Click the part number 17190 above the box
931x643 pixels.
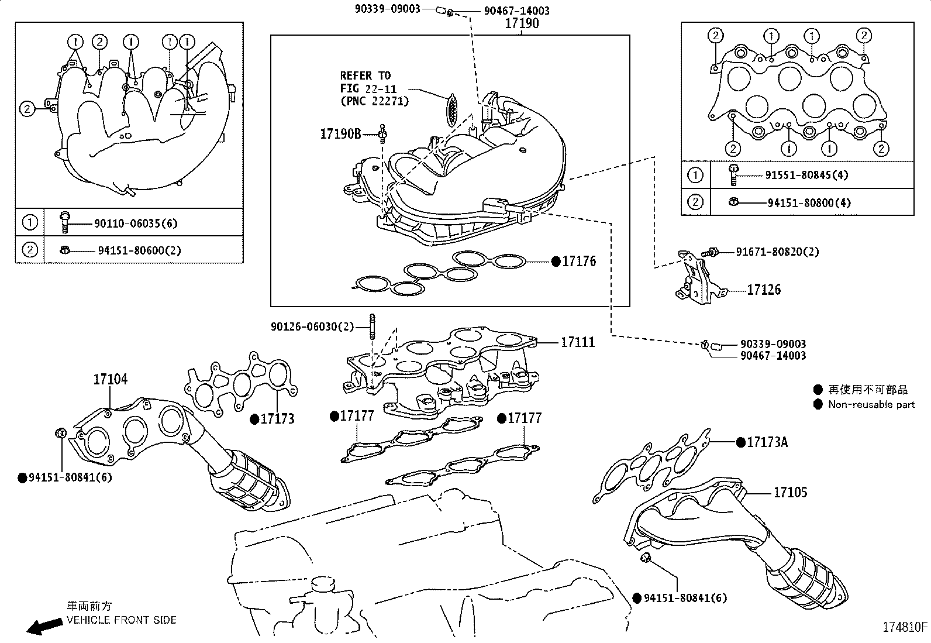point(522,24)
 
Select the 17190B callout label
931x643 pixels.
point(340,134)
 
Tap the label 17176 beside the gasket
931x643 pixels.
point(579,262)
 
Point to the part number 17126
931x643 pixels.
point(763,290)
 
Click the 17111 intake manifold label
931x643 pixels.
point(578,342)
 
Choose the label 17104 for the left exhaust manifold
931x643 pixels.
point(110,380)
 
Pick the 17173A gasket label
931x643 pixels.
point(767,442)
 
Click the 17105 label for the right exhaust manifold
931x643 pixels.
point(790,493)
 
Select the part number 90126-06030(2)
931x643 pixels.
point(312,326)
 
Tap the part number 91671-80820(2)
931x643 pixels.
point(777,252)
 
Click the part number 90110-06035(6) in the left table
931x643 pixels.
point(136,223)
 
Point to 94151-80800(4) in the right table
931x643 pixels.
point(809,203)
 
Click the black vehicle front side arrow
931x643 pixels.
point(44,626)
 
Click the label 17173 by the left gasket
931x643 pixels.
point(277,419)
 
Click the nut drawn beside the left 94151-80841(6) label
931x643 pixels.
point(61,434)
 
